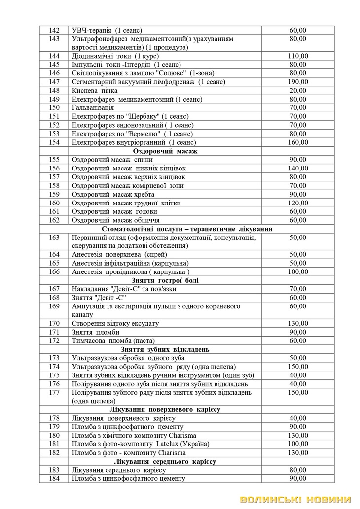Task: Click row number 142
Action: pos(54,30)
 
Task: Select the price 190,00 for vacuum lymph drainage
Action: pos(298,81)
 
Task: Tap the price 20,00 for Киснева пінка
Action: pos(298,90)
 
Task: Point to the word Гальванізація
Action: pos(93,107)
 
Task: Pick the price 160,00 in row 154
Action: pos(298,142)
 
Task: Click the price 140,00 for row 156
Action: pos(298,168)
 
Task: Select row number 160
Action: pos(54,203)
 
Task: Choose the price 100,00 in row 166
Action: pos(298,271)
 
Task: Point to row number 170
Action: pos(54,323)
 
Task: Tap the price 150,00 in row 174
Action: pos(298,367)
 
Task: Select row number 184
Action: pos(54,478)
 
